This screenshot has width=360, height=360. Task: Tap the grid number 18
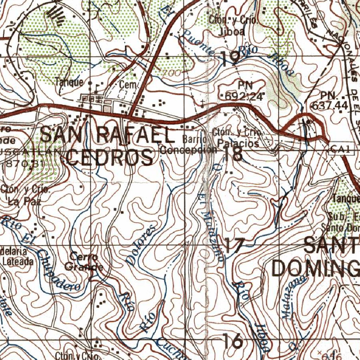click(x=232, y=154)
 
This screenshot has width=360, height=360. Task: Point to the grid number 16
click(x=233, y=340)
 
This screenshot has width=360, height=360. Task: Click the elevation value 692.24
click(x=245, y=96)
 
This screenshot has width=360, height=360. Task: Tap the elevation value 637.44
click(x=329, y=105)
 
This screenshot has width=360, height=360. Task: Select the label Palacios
click(x=238, y=143)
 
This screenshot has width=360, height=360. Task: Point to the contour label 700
click(x=172, y=73)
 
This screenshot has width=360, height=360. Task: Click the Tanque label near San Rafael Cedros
click(x=69, y=82)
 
